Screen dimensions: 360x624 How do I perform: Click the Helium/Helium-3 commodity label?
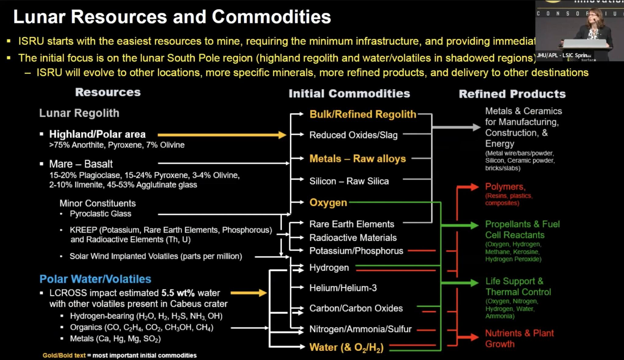pyautogui.click(x=343, y=288)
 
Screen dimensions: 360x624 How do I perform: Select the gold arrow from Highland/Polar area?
pyautogui.click(x=222, y=135)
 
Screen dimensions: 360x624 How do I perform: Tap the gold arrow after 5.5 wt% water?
pyautogui.click(x=248, y=293)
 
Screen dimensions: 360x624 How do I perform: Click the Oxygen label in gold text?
pyautogui.click(x=328, y=203)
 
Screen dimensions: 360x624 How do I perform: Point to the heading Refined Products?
pyautogui.click(x=512, y=94)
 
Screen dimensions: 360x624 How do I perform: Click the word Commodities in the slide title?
pyautogui.click(x=271, y=17)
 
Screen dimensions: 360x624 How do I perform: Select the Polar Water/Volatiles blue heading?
pyautogui.click(x=95, y=279)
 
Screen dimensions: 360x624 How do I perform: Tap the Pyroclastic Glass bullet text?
pyautogui.click(x=100, y=214)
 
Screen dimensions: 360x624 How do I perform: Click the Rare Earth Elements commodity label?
pyautogui.click(x=352, y=224)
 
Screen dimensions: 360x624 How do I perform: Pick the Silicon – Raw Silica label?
pyautogui.click(x=349, y=181)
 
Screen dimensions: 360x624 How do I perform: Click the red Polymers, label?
pyautogui.click(x=505, y=186)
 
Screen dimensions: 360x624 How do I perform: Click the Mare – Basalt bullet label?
pyautogui.click(x=81, y=164)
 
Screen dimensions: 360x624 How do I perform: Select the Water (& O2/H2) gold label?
pyautogui.click(x=346, y=348)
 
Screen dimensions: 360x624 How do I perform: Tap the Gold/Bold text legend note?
pyautogui.click(x=119, y=355)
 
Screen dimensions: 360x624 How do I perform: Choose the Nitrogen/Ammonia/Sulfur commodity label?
pyautogui.click(x=360, y=329)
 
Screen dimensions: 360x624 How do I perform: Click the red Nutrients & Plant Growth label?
pyautogui.click(x=519, y=338)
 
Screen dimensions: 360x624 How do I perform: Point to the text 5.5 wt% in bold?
pyautogui.click(x=178, y=293)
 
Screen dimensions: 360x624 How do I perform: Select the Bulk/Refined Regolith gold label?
pyautogui.click(x=363, y=114)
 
